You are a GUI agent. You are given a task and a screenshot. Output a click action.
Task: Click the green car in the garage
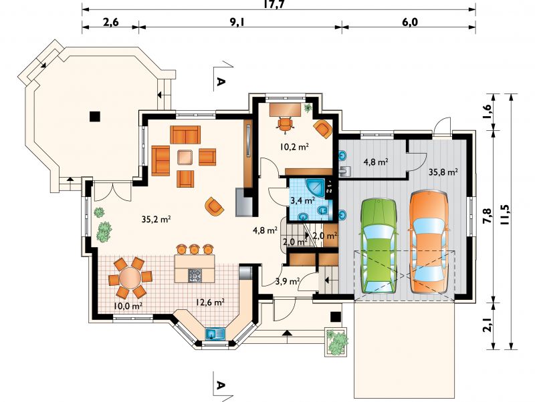(379, 246)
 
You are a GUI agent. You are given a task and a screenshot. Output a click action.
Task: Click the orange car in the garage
(429, 242)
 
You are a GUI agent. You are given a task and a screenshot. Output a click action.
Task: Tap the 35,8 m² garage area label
(443, 172)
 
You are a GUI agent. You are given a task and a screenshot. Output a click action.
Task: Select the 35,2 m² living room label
(156, 220)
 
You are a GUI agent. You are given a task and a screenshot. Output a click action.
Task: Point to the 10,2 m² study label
(294, 147)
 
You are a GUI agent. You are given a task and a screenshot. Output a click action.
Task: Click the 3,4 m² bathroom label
(302, 200)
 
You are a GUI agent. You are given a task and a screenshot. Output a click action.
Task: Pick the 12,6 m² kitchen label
(210, 302)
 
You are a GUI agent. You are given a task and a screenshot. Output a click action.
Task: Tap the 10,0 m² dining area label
(128, 306)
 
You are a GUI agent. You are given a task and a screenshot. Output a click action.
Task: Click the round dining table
(130, 278)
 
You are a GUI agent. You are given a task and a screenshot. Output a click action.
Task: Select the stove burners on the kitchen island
(195, 275)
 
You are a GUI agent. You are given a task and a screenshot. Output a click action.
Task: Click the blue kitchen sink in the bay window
(215, 333)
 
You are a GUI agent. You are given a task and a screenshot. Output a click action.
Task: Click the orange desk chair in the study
(286, 124)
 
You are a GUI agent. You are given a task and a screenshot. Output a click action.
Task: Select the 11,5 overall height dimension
(506, 214)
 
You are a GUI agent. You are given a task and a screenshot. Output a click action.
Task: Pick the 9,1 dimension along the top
(237, 22)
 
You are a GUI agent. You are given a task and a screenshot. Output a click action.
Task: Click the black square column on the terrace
(94, 116)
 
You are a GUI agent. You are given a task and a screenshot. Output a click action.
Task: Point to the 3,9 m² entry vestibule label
(288, 281)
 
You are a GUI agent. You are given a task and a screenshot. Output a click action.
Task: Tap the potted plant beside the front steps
(336, 342)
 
